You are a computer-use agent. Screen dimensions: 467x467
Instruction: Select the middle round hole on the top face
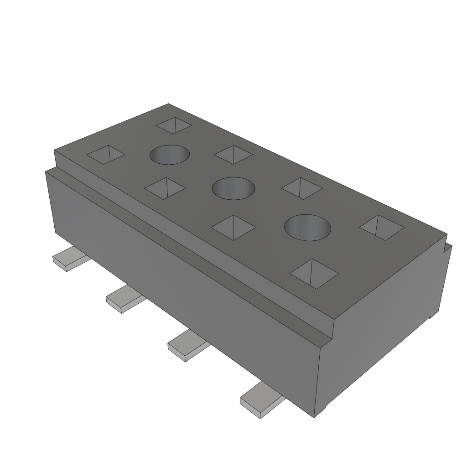pos(233,187)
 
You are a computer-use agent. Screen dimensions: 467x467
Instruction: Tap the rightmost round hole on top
pos(307,227)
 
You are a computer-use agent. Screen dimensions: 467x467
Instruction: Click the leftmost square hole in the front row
pos(106,155)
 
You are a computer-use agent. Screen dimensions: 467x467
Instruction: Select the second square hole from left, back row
pos(233,155)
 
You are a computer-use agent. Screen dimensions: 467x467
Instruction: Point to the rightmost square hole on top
pos(382,227)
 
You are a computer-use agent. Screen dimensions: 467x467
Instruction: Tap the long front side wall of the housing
pos(182,283)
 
